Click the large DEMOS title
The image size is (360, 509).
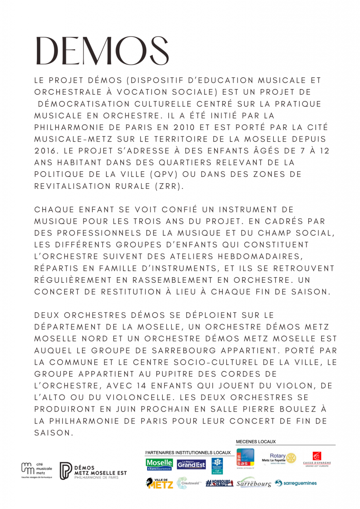pos(102,52)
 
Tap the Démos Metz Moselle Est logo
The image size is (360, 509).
pos(93,471)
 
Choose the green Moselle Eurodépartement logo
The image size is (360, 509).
pos(159,464)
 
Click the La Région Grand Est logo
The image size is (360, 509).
pos(191,464)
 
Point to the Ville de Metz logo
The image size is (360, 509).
pos(160,483)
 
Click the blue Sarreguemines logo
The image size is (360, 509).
pos(296,483)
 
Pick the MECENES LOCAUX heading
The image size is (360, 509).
pos(256,442)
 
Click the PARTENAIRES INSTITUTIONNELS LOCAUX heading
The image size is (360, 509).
pos(188,453)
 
